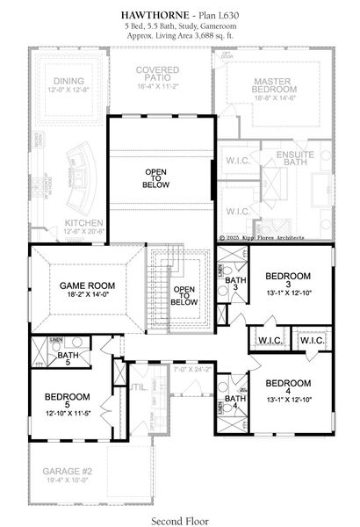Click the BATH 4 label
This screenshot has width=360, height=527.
(234, 402)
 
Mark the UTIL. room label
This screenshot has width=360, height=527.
(138, 386)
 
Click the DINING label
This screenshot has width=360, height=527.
(62, 82)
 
